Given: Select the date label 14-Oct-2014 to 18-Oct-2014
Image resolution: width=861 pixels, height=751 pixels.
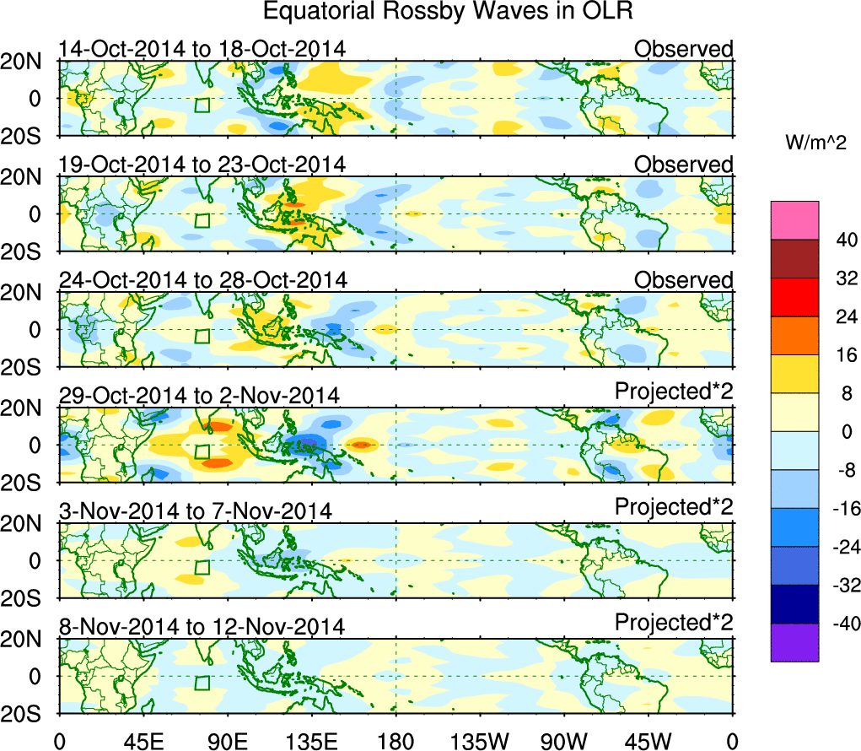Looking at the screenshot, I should (x=202, y=49).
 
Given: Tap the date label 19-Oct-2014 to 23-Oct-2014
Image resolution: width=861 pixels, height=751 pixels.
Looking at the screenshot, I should (x=202, y=164).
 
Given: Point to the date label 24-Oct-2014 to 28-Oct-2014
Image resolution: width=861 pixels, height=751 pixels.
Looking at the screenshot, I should (x=202, y=279).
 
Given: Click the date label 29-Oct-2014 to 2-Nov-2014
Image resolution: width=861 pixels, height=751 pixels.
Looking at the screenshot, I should (x=199, y=395).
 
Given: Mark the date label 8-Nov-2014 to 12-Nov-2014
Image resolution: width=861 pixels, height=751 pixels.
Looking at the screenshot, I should (x=202, y=626).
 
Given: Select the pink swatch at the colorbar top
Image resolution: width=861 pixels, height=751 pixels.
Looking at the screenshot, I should (x=794, y=219).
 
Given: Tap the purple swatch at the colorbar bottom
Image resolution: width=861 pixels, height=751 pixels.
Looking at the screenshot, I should (x=794, y=642).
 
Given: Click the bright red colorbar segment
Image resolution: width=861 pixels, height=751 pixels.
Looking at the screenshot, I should (x=794, y=296).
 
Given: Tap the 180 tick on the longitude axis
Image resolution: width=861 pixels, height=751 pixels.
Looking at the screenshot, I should (x=396, y=741).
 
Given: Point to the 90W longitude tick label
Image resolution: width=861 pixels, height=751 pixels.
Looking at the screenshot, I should (x=565, y=741).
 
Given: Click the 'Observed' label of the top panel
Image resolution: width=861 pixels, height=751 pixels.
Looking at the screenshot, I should (x=684, y=49).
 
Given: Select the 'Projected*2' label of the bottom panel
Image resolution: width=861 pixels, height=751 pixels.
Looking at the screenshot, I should (x=674, y=623).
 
